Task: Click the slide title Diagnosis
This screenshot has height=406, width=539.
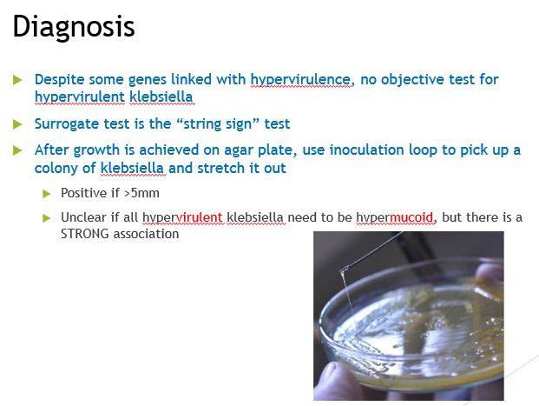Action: point(74,27)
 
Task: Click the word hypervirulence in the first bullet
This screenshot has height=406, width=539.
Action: point(301,79)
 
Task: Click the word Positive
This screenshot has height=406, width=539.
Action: point(84,192)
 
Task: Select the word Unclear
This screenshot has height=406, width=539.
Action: point(83,216)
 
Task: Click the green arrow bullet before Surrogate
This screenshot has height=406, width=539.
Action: point(18,124)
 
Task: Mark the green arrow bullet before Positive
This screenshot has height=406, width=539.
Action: point(48,193)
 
